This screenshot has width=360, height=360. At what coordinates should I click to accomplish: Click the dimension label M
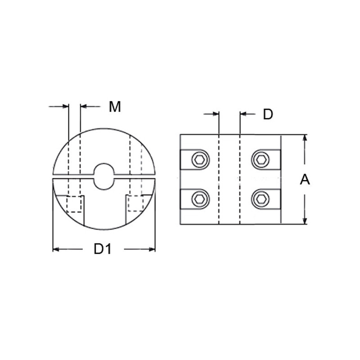tap(115, 107)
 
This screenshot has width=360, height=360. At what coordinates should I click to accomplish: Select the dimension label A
tap(305, 180)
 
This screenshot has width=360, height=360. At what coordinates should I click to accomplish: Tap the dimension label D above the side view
tap(268, 115)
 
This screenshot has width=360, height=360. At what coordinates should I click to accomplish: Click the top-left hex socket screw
tap(200, 159)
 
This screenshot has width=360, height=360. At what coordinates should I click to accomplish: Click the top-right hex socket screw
tap(261, 159)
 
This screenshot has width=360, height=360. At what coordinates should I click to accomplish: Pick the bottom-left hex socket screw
tap(200, 198)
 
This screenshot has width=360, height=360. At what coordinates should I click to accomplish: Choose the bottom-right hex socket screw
tap(261, 198)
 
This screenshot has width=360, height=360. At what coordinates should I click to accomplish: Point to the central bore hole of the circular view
tap(104, 176)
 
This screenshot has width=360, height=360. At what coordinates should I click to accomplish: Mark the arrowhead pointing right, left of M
tap(65, 107)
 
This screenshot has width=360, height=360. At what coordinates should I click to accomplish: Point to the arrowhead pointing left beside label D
tap(243, 114)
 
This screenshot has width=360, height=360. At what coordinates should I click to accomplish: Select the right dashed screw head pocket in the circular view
tap(135, 203)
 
